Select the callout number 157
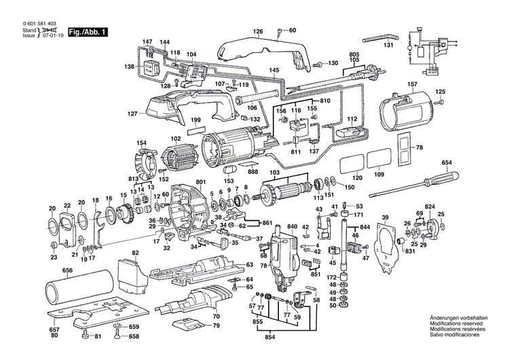[411, 84]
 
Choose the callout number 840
[292, 226]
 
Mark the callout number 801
[200, 181]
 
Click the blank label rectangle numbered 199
[196, 130]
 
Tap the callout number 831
[410, 252]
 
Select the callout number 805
[354, 54]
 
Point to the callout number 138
[130, 67]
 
